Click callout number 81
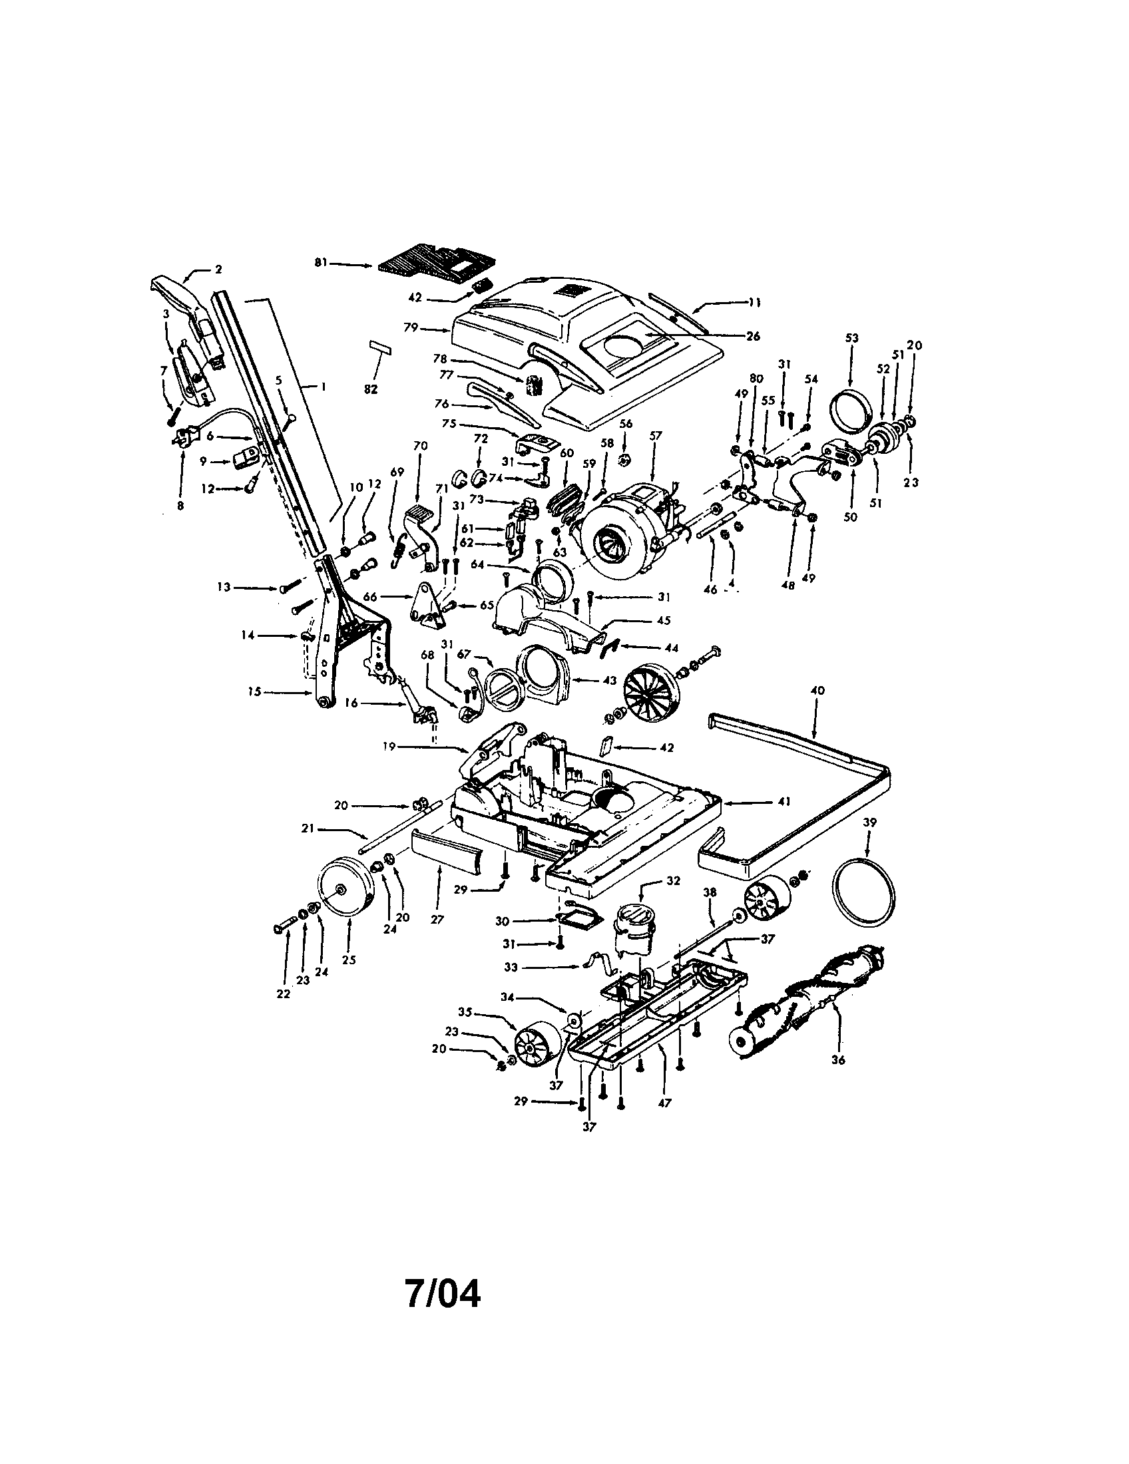point(320,264)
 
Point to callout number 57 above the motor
point(655,436)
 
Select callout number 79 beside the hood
point(410,328)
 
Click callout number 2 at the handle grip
point(218,269)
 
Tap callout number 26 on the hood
point(753,337)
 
